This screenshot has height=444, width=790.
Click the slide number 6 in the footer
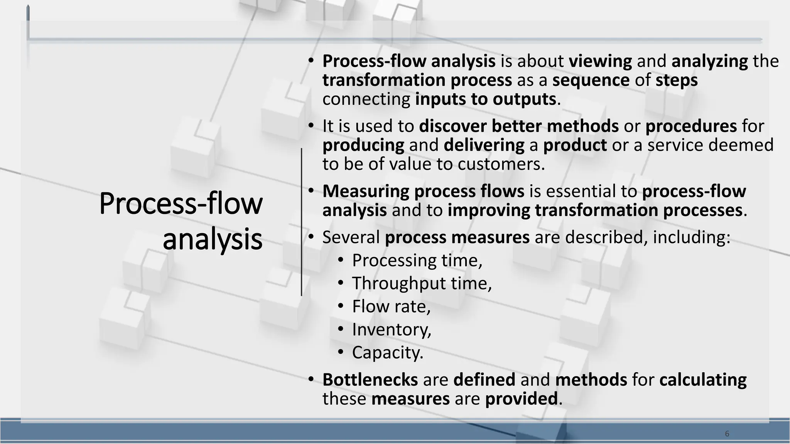pyautogui.click(x=727, y=434)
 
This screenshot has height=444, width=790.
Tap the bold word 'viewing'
pyautogui.click(x=600, y=61)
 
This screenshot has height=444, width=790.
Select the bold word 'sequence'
pyautogui.click(x=591, y=80)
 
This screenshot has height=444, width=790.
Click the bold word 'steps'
pyautogui.click(x=677, y=80)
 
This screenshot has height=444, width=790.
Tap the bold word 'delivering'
pyautogui.click(x=484, y=145)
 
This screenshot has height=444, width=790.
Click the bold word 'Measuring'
pyautogui.click(x=366, y=191)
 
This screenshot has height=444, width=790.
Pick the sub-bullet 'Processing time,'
pyautogui.click(x=417, y=261)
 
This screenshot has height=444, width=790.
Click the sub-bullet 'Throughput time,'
pyautogui.click(x=422, y=284)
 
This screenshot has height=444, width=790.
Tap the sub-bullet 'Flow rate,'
pyautogui.click(x=391, y=307)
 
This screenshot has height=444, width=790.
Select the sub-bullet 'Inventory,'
pyautogui.click(x=392, y=330)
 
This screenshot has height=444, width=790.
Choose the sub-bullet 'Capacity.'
pyautogui.click(x=388, y=353)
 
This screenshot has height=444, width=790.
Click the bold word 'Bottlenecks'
pyautogui.click(x=370, y=380)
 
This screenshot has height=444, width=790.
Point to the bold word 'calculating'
pyautogui.click(x=703, y=380)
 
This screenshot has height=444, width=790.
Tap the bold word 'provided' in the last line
pyautogui.click(x=521, y=399)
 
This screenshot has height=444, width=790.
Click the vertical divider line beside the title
pyautogui.click(x=301, y=222)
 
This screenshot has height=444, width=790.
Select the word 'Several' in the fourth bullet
pyautogui.click(x=351, y=237)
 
